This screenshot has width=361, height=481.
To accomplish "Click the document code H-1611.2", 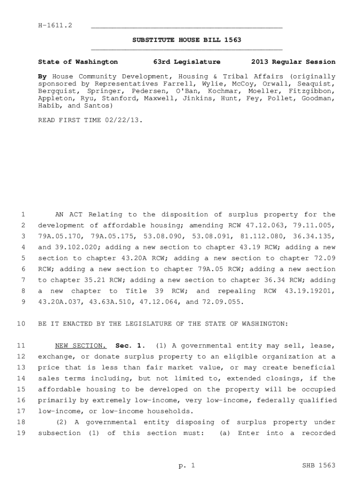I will pos(55,24).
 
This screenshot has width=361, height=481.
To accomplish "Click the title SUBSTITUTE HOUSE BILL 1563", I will pos(187,40).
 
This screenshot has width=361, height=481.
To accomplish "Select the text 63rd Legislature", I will pos(187,62).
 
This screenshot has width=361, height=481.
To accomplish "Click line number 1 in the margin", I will pos(22,215).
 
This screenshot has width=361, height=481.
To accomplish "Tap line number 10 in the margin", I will pos(20,324).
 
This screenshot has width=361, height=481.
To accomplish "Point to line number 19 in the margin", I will pos(20,433).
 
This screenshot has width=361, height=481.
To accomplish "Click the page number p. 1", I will pos(186,465).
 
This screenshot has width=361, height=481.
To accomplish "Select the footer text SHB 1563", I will pos(319,465).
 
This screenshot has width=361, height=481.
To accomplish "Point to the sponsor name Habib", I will pos(47,106).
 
